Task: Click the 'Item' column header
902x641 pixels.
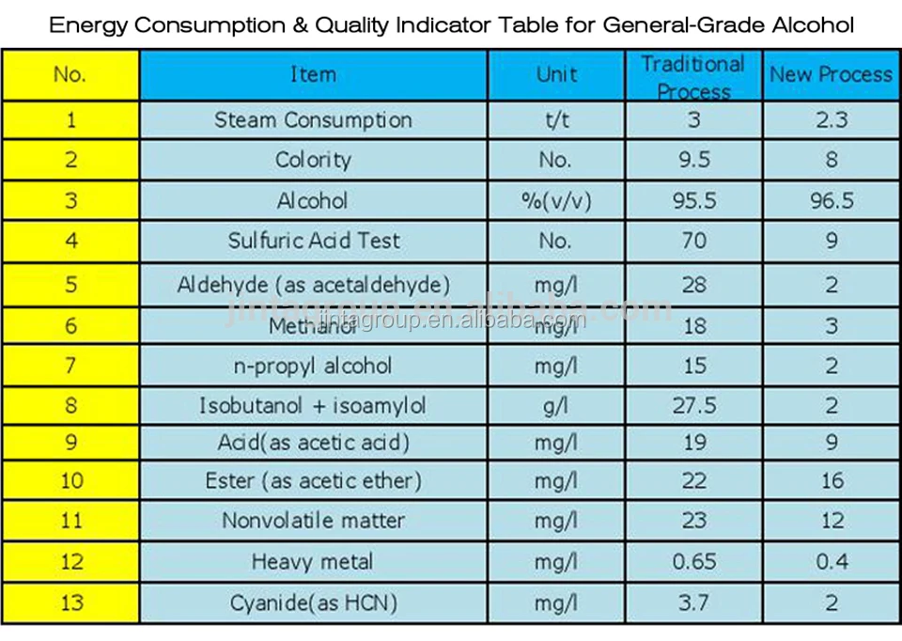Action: [313, 74]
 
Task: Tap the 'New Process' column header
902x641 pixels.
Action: [831, 74]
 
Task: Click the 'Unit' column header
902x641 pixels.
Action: [556, 74]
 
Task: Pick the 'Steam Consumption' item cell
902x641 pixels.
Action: [313, 120]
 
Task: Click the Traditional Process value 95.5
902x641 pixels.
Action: [693, 200]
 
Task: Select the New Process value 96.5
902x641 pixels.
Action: [831, 200]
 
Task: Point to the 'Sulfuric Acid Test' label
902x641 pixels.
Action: [313, 241]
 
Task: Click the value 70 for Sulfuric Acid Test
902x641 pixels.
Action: [693, 241]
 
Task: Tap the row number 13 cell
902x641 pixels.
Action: [71, 602]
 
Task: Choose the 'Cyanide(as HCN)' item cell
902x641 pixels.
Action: [313, 602]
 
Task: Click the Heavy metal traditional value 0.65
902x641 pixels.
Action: [693, 561]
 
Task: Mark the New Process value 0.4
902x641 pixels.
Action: [831, 561]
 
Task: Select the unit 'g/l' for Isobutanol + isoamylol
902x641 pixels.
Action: [556, 406]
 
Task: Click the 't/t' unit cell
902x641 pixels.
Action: [556, 120]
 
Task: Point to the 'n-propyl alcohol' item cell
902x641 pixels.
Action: [313, 366]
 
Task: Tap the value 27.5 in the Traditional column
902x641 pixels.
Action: [693, 406]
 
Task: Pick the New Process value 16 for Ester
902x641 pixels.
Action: [831, 481]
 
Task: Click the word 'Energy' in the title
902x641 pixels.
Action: [89, 24]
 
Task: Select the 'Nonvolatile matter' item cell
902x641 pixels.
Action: [313, 521]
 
